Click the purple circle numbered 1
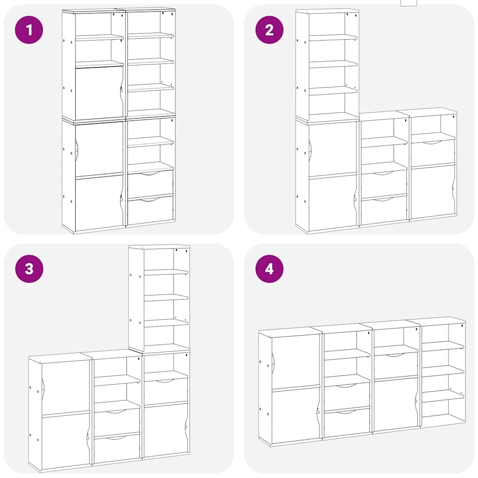29,30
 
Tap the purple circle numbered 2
269,30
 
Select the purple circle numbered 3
29,269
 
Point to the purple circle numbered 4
269,269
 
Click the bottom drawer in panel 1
150,210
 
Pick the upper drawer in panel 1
150,183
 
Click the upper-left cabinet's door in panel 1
98,93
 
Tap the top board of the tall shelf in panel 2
327,10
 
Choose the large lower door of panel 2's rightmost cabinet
432,191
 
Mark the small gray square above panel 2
408,2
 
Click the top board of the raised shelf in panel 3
159,246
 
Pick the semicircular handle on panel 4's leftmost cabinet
274,364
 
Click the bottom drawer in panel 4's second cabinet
346,422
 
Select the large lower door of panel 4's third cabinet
395,404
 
